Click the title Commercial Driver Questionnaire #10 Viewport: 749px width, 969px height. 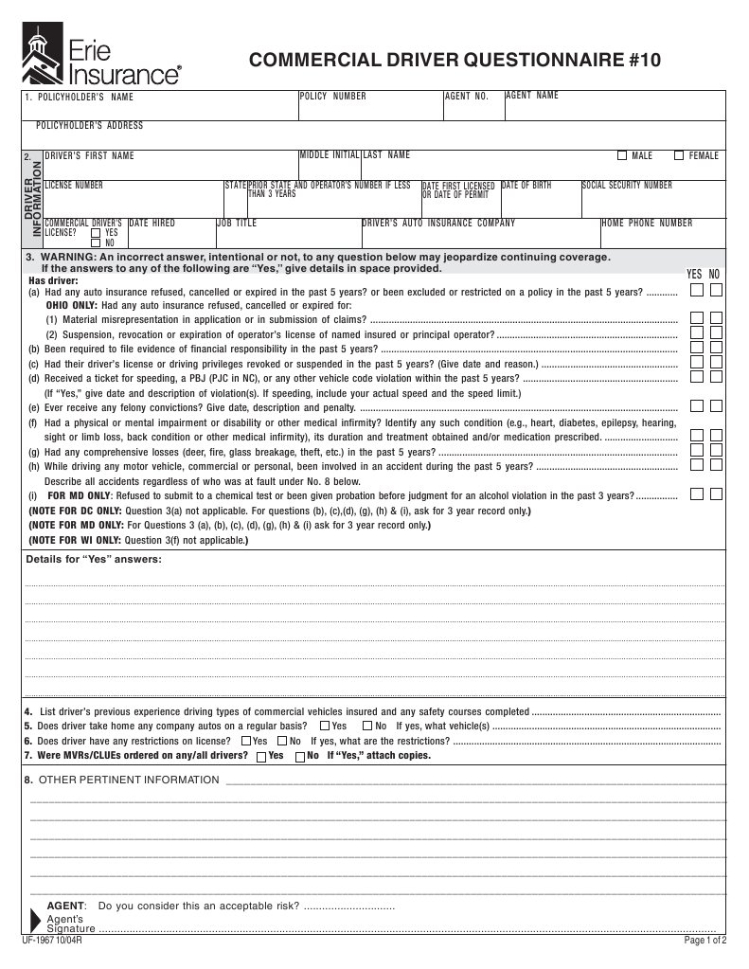point(455,62)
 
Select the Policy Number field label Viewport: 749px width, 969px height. point(332,97)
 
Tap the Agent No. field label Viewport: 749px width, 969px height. point(467,97)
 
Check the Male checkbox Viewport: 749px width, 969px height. point(622,155)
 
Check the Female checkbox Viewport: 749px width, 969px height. point(679,155)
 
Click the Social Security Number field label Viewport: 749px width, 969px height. point(628,186)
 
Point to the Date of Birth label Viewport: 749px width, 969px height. point(526,186)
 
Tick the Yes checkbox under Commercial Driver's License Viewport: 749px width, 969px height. point(96,232)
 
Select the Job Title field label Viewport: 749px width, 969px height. point(237,224)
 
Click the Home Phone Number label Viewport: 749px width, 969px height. point(647,224)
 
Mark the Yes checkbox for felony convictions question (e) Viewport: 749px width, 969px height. point(696,406)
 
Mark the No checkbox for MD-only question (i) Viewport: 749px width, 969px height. point(716,494)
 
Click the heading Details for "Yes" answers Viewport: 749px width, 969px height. point(94,559)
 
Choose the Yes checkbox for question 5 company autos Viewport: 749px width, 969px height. point(325,726)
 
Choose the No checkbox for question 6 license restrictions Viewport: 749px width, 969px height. point(281,741)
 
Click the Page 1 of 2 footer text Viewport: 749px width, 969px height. point(704,941)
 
